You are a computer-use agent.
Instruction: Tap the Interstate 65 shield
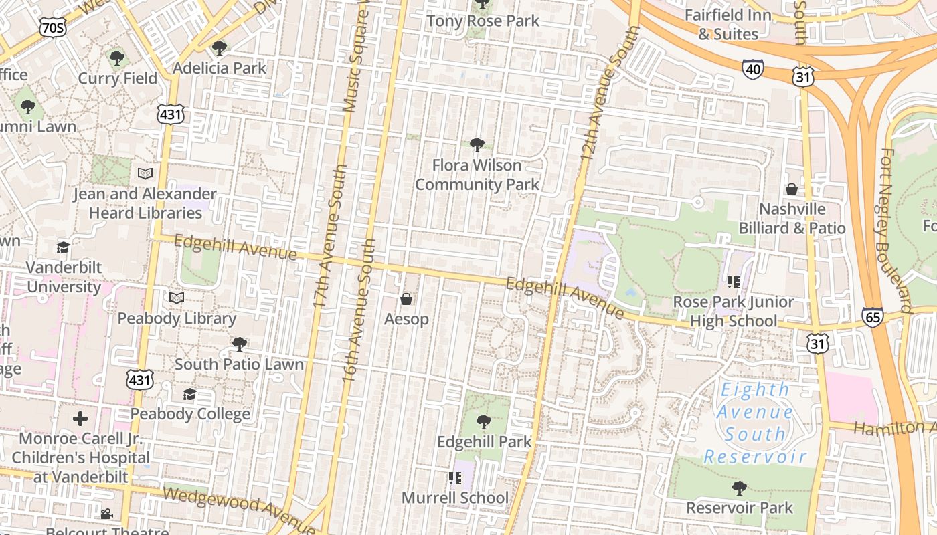click(x=872, y=316)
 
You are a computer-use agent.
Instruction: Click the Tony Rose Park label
click(x=483, y=21)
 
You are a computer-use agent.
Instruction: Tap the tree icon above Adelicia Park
click(x=219, y=48)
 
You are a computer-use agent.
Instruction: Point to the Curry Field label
click(x=117, y=78)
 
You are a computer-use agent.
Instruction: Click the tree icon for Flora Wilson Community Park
click(x=477, y=144)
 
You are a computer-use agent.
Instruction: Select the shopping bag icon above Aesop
click(x=406, y=298)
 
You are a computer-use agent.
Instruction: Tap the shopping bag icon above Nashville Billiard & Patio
click(x=792, y=189)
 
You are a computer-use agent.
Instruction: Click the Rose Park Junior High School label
click(x=733, y=312)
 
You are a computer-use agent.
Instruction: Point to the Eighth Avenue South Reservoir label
click(x=755, y=423)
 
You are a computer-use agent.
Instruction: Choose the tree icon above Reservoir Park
click(x=739, y=488)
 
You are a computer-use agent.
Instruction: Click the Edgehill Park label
click(x=484, y=442)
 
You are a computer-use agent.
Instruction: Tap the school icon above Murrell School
click(x=455, y=478)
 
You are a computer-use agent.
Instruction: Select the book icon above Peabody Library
click(x=177, y=298)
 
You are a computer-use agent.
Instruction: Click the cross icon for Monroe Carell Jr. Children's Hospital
click(x=80, y=419)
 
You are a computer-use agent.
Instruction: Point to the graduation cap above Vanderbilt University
click(x=63, y=248)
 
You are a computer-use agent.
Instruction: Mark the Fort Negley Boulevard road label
click(x=896, y=231)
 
